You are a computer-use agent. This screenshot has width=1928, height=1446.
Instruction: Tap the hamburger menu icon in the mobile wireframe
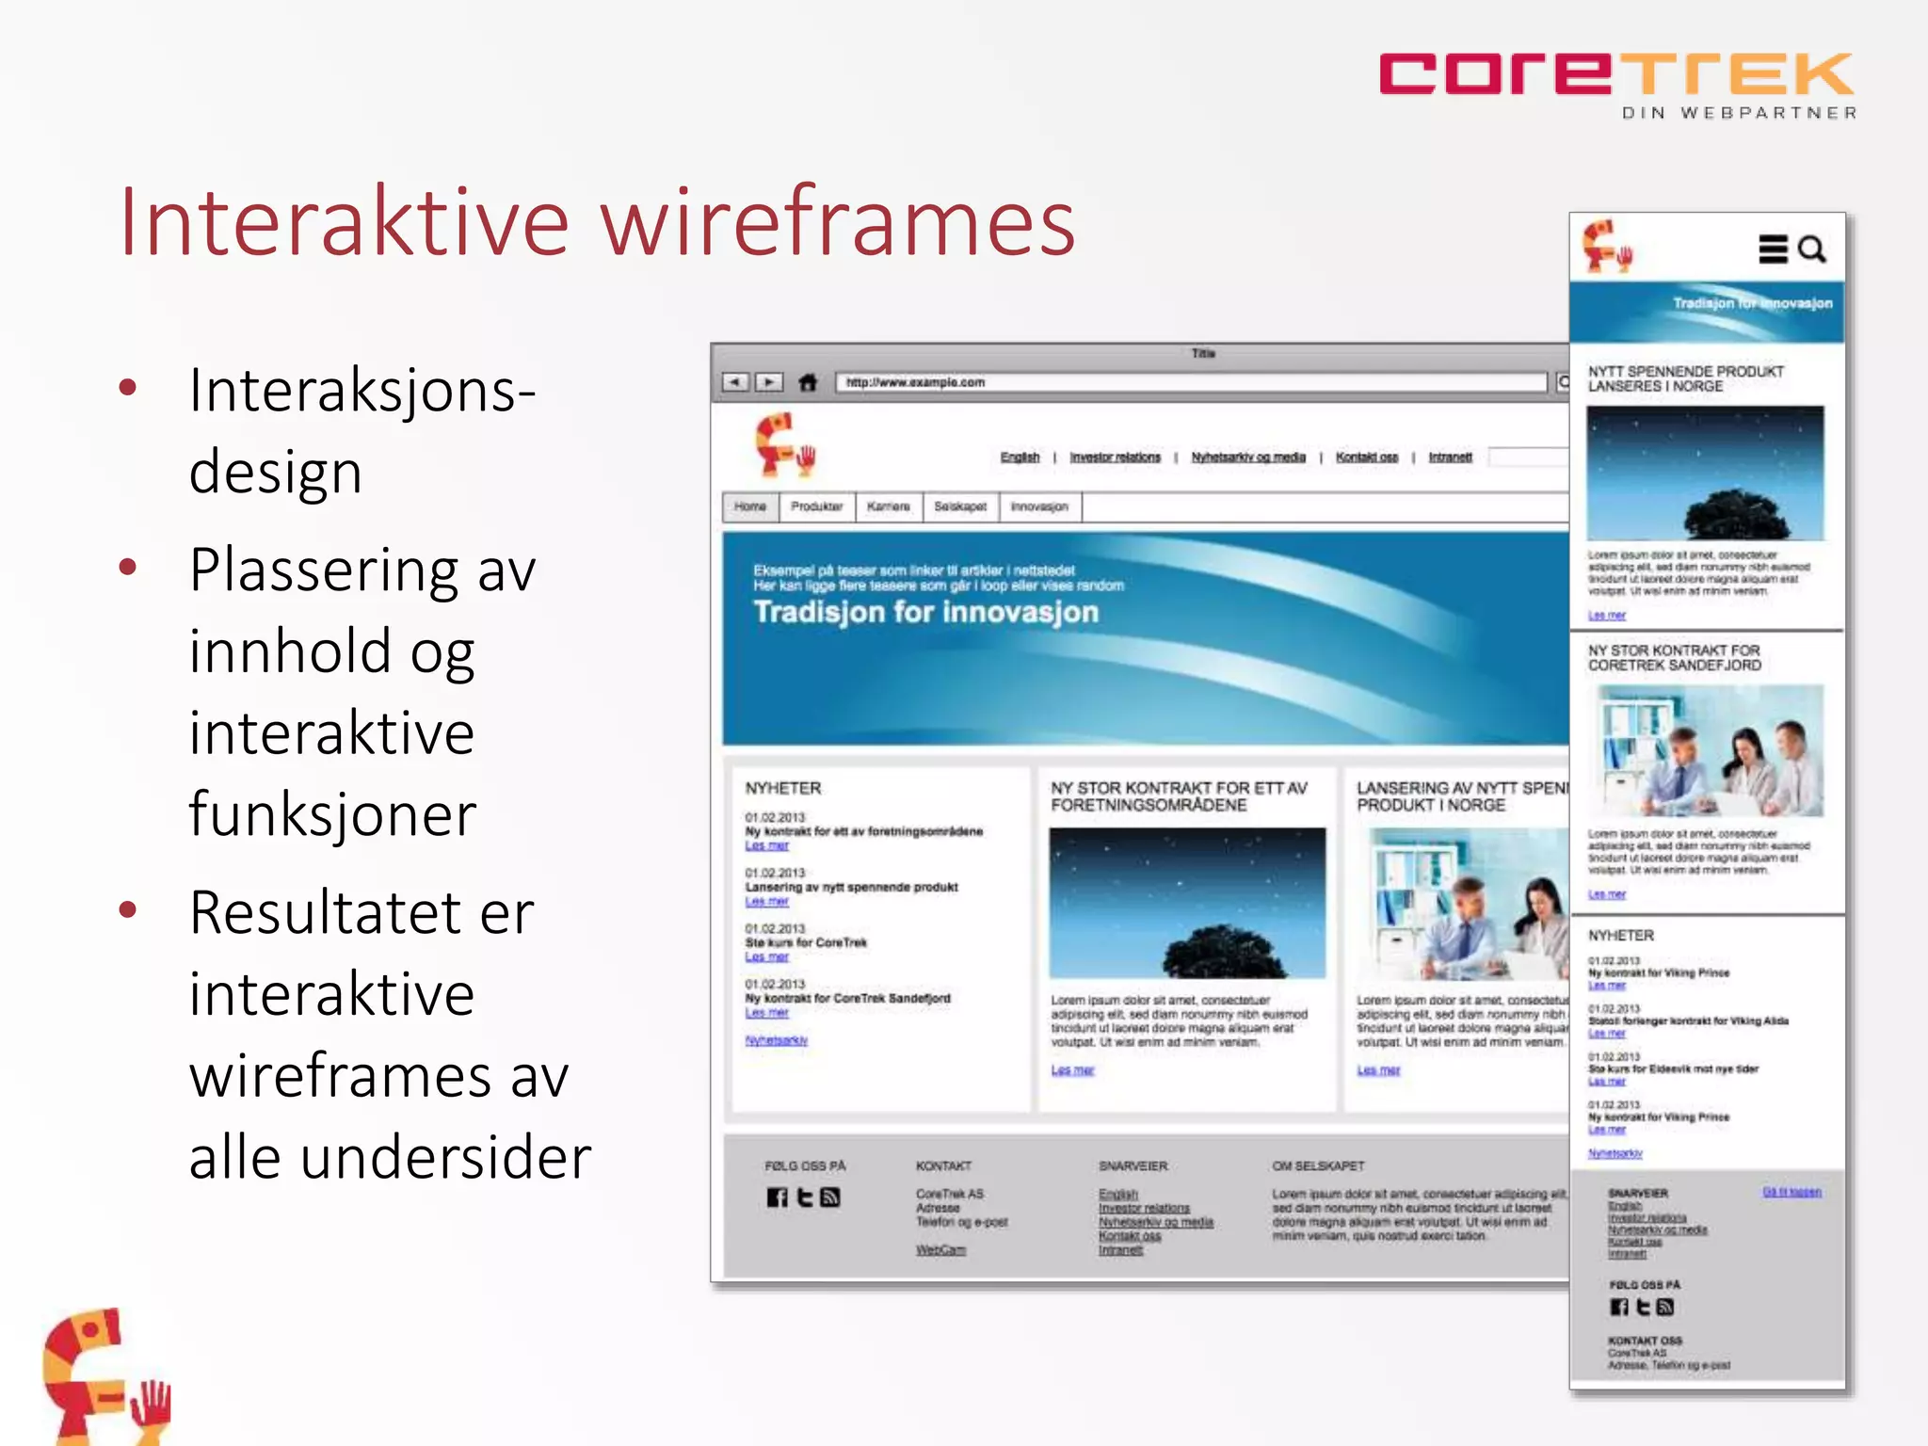[1773, 249]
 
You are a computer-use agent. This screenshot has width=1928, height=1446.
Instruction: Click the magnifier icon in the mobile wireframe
[1812, 249]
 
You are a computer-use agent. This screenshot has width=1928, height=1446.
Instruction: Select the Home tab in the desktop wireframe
[750, 506]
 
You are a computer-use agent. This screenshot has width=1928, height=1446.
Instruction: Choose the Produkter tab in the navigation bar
[816, 506]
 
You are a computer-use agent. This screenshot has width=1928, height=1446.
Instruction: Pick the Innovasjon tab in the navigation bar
[1039, 506]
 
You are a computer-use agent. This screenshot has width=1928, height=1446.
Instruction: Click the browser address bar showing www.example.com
[1191, 382]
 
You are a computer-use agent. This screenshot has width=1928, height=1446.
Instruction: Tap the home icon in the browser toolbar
[808, 382]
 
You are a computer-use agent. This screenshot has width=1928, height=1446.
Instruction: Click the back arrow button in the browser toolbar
[735, 382]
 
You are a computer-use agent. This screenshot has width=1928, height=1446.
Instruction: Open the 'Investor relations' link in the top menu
[1116, 458]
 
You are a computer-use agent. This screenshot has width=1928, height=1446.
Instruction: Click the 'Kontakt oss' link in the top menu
[1367, 458]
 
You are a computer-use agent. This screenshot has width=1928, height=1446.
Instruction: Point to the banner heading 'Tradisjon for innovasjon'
[926, 612]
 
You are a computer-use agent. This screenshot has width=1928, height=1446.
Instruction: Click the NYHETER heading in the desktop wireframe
[783, 788]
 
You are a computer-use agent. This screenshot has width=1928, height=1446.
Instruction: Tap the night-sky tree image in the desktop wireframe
[1187, 903]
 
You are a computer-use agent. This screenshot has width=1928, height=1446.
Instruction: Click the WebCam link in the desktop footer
[940, 1250]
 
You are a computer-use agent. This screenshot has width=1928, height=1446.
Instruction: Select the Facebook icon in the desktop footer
[777, 1197]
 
